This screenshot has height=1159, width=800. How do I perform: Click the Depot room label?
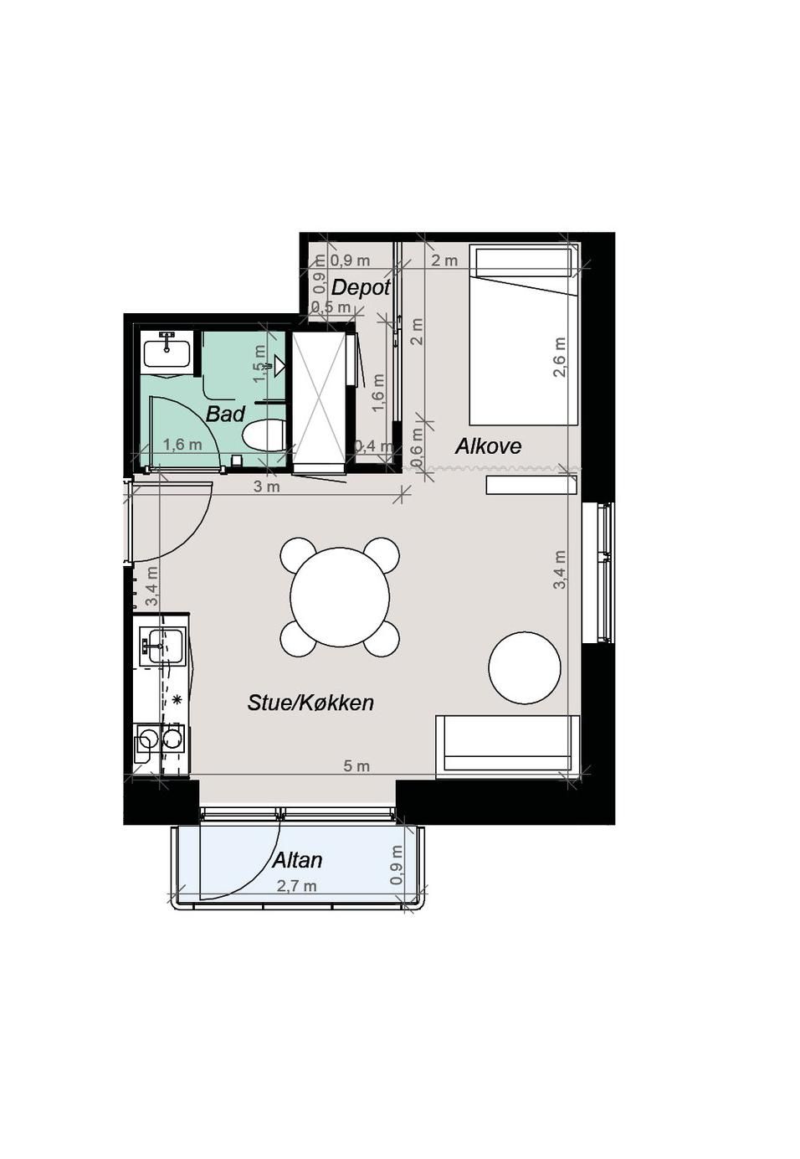pos(361,287)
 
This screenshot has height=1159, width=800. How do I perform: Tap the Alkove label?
pos(488,446)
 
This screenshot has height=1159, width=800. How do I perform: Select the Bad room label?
pos(225,414)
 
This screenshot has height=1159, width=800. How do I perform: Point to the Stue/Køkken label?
pos(310,703)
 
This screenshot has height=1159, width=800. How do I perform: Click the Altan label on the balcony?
pos(297,860)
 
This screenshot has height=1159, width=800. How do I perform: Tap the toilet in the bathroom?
pos(264,435)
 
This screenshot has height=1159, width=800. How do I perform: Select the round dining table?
pos(340,596)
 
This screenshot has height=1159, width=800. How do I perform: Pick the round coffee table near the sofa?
pos(525,667)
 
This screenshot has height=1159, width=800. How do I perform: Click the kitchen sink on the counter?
pos(162,646)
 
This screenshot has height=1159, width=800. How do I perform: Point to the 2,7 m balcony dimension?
pos(296,886)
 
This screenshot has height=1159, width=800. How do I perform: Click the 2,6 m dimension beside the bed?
pos(560,357)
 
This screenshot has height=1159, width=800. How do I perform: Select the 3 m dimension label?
pos(268,487)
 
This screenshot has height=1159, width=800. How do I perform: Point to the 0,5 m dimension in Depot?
pos(331,307)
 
